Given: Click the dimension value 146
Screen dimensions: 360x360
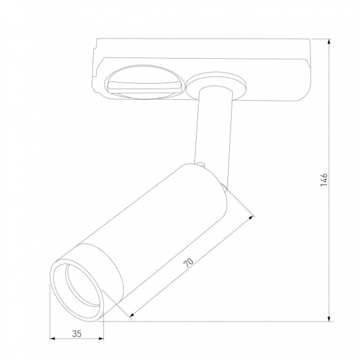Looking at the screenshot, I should pyautogui.click(x=325, y=178).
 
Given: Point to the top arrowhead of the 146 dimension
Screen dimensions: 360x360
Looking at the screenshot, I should pyautogui.click(x=329, y=42).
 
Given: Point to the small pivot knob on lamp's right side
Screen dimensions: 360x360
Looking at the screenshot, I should pyautogui.click(x=226, y=189).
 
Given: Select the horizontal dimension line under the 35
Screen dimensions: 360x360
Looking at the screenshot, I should pyautogui.click(x=76, y=339).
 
